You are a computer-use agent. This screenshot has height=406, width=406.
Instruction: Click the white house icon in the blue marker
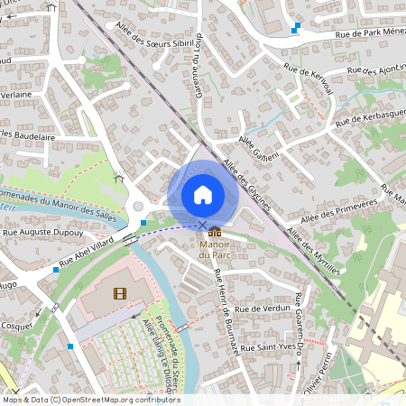tap(202, 194)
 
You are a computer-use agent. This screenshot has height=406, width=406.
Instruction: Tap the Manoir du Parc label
tap(213, 249)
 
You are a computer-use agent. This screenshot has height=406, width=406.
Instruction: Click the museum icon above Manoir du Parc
tap(213, 233)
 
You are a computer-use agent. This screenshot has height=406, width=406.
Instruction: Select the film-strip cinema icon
tap(120, 292)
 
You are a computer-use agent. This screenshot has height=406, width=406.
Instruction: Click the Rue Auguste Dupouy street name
tap(43, 233)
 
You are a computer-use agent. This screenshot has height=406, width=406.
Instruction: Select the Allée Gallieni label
tap(259, 147)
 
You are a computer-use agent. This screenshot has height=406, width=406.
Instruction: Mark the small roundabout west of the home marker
tap(138, 207)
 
